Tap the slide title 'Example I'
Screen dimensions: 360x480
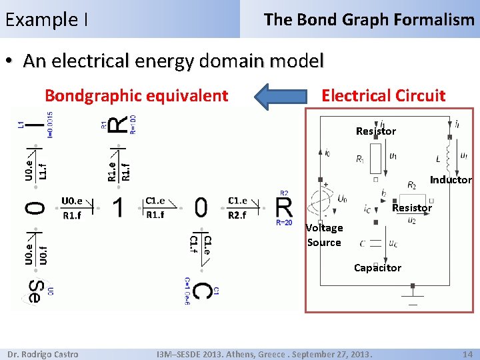[47, 20]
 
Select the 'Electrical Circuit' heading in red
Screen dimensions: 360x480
[383, 95]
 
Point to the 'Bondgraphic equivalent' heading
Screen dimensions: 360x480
[136, 95]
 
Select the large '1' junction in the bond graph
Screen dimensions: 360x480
[118, 207]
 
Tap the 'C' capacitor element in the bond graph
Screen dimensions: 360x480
[203, 292]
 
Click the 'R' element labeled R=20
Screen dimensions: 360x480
[284, 207]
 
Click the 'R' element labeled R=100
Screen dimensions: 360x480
[118, 123]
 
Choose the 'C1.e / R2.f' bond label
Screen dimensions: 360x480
[237, 207]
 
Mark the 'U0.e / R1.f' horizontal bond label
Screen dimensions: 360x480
[72, 207]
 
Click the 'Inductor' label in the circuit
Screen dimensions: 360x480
[451, 180]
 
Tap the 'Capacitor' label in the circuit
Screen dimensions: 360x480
[377, 268]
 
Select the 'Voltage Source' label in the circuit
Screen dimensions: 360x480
[324, 235]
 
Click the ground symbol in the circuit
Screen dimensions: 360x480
[413, 291]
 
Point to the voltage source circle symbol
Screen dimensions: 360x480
[321, 199]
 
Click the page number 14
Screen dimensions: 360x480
[467, 354]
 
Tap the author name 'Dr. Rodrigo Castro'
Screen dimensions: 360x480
[44, 354]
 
